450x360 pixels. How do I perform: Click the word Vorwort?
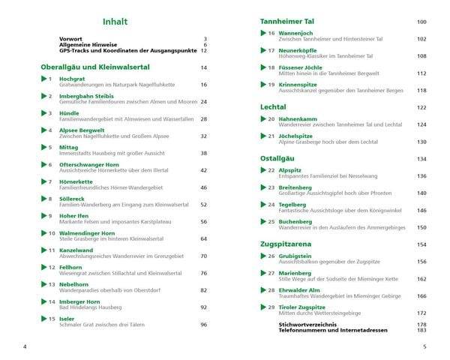click(71, 38)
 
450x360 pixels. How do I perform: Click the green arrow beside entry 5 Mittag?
click(43, 148)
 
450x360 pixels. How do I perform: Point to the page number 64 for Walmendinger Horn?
click(203, 238)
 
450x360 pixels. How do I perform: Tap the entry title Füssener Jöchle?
click(300, 67)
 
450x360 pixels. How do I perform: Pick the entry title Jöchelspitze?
click(297, 136)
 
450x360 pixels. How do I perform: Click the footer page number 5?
click(424, 346)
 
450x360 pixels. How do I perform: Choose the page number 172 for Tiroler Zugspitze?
click(421, 313)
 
